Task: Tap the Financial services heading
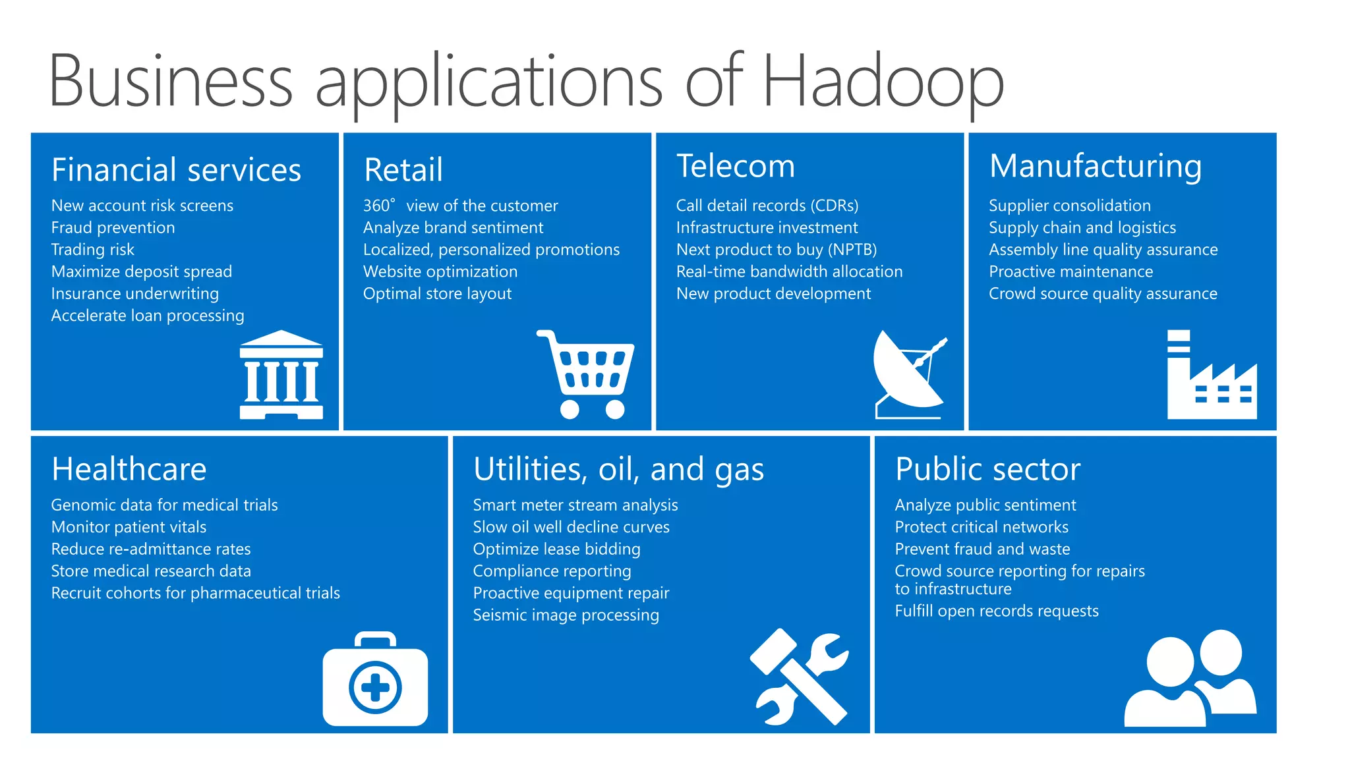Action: coord(176,170)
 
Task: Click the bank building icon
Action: coord(281,375)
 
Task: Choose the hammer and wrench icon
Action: coord(799,677)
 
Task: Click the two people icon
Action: coord(1190,678)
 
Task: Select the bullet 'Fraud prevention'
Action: coord(113,228)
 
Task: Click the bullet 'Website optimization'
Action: coord(440,272)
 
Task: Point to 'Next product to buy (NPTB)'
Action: coord(777,250)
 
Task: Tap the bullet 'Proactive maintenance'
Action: coord(1071,272)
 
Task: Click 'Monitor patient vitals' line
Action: coord(129,527)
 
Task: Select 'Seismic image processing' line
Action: coord(566,615)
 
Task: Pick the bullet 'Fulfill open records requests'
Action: coord(996,611)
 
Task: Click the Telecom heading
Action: coord(736,166)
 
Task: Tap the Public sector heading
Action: coord(987,470)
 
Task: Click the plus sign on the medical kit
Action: coord(375,688)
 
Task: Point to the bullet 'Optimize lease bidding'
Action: coord(556,549)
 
